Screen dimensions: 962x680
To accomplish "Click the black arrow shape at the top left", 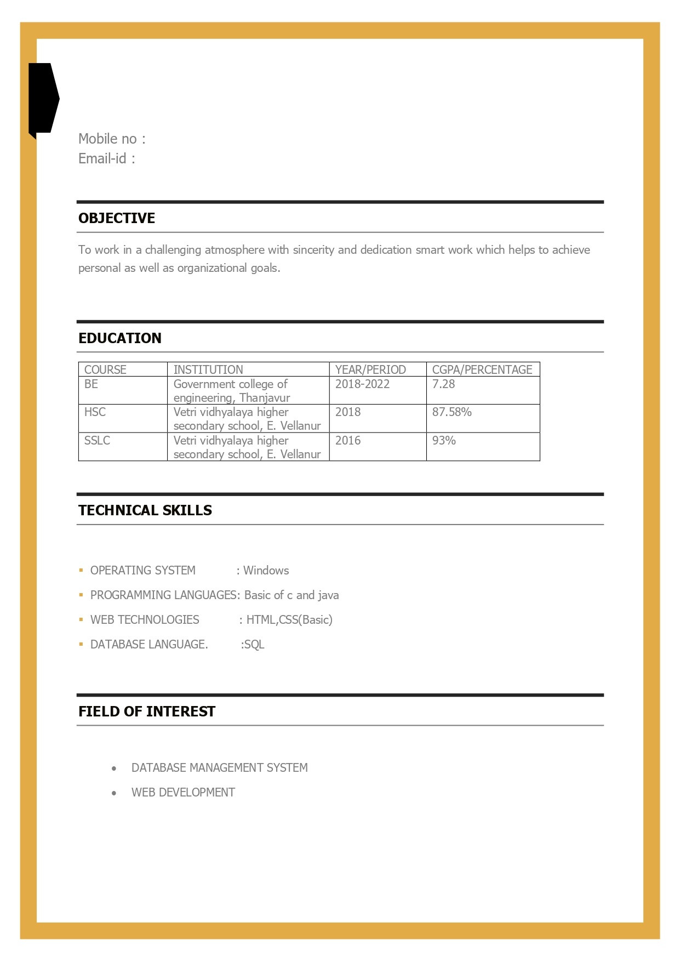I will tap(43, 99).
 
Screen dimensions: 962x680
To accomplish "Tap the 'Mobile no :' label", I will tap(112, 139).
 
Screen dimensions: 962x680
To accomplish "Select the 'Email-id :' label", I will tap(106, 158).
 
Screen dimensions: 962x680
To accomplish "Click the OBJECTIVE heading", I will tap(117, 218).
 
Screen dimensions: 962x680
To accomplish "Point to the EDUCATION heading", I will tap(119, 338).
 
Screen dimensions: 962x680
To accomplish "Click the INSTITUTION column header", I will tap(208, 369).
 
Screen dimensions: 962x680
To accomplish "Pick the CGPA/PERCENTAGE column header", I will tap(482, 369).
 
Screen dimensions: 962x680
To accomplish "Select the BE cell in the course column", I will tap(92, 384).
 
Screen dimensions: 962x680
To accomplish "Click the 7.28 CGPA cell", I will tap(443, 384).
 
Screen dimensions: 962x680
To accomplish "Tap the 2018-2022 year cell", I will tap(362, 384).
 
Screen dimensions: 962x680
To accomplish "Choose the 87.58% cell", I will tap(452, 412).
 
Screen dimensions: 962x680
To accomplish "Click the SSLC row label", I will tap(97, 440).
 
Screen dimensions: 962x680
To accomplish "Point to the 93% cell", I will tap(444, 440).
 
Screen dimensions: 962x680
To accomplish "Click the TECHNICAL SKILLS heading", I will tap(145, 510).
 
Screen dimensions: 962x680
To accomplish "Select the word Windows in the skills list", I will tap(266, 570).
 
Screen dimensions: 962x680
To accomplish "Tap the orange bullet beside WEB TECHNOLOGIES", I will tap(81, 619).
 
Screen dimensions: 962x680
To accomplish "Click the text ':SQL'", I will tap(253, 644).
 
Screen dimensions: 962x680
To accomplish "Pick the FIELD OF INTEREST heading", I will tap(147, 711).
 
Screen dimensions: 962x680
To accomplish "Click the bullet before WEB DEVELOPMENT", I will tap(114, 793).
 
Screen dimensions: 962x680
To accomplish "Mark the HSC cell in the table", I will tap(95, 412).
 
